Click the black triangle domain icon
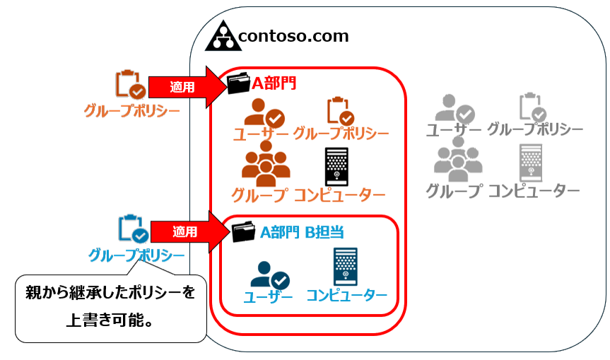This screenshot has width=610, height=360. tap(223, 36)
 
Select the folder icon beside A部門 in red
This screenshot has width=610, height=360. tap(239, 84)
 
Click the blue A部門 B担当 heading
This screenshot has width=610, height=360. tap(302, 231)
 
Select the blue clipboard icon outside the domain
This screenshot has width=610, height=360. tap(134, 229)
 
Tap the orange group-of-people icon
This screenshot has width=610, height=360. tap(266, 164)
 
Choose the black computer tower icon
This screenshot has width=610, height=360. tap(335, 167)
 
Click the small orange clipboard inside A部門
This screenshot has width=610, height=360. tap(339, 111)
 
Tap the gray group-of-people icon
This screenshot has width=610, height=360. tap(457, 160)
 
